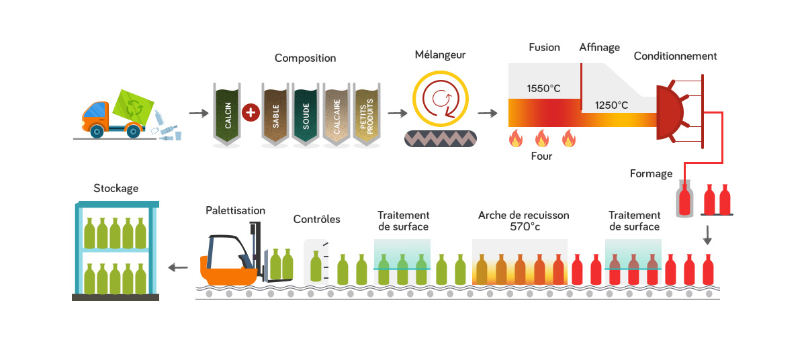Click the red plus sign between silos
click(250, 112)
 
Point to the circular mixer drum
click(440, 99)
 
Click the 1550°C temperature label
click(543, 89)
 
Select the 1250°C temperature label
click(611, 105)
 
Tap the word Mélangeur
click(440, 54)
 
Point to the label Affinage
click(599, 48)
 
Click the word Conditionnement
click(675, 56)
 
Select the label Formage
click(651, 173)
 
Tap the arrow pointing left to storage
click(178, 267)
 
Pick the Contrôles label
click(316, 219)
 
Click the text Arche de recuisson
click(523, 216)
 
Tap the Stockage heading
click(116, 188)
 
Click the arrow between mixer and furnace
click(488, 112)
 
